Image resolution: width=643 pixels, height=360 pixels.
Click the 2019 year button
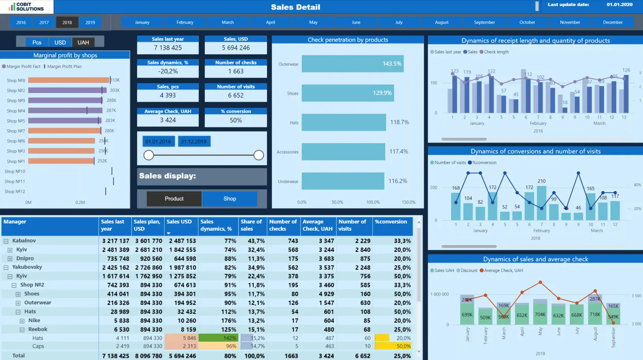(90, 23)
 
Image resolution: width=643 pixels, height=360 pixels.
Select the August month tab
(442, 23)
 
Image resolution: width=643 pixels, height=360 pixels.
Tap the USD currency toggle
(60, 42)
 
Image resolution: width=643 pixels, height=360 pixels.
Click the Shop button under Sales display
(229, 199)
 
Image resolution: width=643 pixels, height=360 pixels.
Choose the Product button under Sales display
(174, 199)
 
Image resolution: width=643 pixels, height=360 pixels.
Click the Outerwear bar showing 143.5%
(352, 64)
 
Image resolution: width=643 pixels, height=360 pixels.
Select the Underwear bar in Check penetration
(343, 181)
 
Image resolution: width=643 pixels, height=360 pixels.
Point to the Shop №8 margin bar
(68, 80)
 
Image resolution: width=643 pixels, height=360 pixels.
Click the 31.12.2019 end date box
(194, 141)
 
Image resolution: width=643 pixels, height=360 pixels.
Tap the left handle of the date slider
(149, 155)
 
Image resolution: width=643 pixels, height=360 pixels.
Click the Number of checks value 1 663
(236, 72)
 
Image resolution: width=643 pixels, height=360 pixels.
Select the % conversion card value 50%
(236, 121)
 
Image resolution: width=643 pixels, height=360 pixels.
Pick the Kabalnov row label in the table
(24, 241)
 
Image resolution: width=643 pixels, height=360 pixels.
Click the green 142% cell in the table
(218, 338)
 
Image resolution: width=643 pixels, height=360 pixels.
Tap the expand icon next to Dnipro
(10, 259)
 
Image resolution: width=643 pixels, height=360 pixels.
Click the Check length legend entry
(496, 52)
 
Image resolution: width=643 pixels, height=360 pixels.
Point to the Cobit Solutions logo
(26, 7)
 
